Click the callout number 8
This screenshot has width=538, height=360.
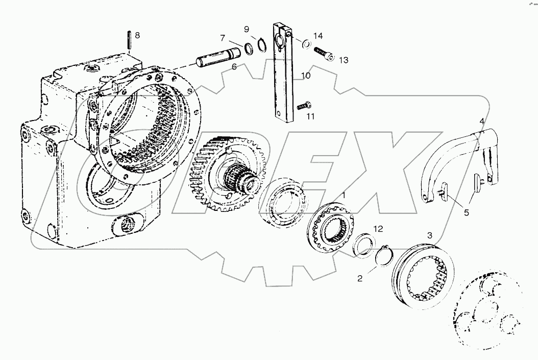click(136, 36)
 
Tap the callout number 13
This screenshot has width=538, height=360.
click(343, 60)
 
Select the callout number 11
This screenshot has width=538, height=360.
click(311, 116)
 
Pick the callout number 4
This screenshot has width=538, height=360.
click(481, 121)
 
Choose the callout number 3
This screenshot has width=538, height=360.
click(429, 235)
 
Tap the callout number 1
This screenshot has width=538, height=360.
click(344, 195)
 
